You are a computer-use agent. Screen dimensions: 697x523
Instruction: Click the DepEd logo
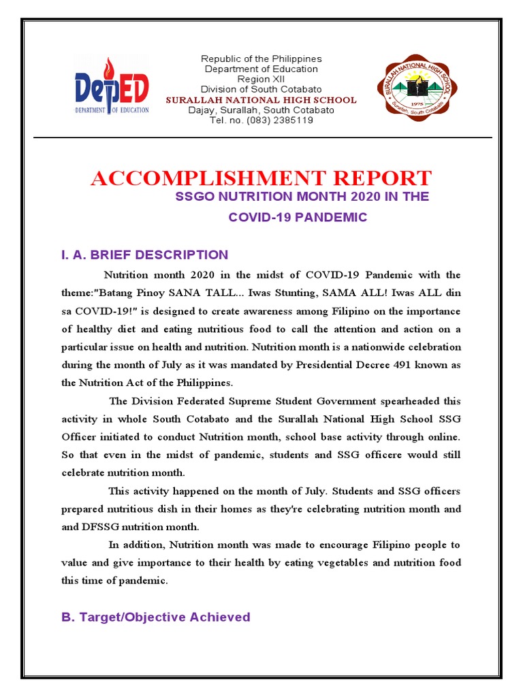(112, 88)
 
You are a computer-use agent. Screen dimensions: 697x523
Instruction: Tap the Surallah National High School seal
(417, 86)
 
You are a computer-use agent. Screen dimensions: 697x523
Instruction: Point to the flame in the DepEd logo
(106, 69)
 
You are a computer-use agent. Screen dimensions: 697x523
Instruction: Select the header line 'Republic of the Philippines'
(261, 59)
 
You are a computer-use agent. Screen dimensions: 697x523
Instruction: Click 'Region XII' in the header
(261, 79)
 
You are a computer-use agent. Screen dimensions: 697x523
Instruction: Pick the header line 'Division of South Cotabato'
(261, 89)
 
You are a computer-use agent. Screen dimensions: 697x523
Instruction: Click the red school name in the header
(261, 100)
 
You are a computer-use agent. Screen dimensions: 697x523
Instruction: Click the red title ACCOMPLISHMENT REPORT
(261, 178)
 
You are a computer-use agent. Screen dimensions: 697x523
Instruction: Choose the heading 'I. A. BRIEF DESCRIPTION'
(145, 255)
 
